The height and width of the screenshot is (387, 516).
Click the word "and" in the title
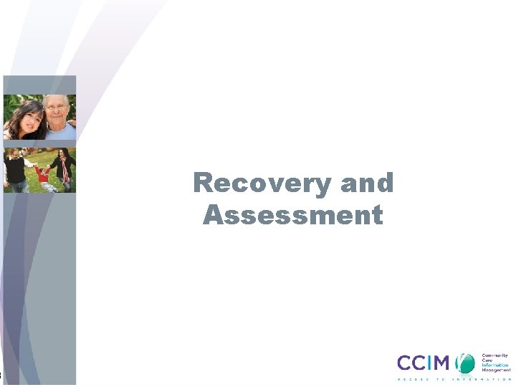367,183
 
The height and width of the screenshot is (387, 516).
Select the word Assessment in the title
293,215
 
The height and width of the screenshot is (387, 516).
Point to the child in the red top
43,176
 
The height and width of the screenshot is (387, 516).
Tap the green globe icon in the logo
467,363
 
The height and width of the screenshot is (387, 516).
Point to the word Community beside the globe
494,355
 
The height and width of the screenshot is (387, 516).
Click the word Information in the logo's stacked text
494,365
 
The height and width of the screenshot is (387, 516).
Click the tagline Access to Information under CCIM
454,379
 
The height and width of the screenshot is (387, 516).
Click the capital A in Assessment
213,215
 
